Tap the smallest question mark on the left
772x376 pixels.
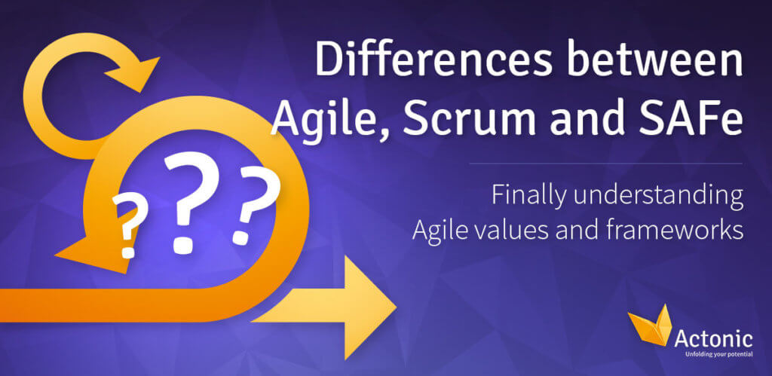click(130, 225)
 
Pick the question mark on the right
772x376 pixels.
click(253, 205)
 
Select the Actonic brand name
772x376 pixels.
click(713, 339)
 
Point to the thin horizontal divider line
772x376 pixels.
click(605, 164)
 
